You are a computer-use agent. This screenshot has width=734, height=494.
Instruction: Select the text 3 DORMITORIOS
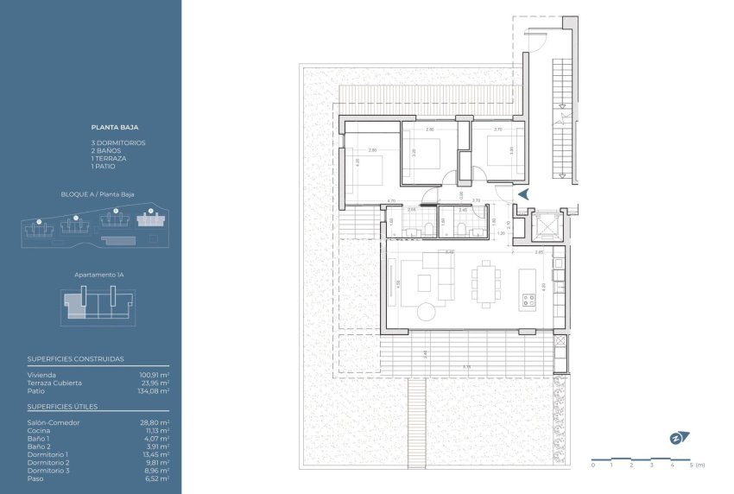click(x=118, y=142)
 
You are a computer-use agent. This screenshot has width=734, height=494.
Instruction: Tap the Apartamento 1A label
click(x=99, y=274)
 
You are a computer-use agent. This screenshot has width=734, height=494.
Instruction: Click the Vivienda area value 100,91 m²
click(x=154, y=375)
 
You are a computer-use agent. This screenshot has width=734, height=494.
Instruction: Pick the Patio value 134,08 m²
click(x=154, y=390)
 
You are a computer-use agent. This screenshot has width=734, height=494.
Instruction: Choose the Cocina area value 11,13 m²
click(x=156, y=429)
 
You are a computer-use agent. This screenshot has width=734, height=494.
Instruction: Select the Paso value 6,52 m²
click(x=156, y=478)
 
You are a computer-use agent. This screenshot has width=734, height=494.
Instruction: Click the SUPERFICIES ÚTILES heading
click(x=61, y=406)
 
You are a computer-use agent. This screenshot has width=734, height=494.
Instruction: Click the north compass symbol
click(x=676, y=438)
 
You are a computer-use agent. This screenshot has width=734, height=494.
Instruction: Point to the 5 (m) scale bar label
click(x=695, y=466)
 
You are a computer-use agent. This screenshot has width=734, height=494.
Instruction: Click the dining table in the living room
click(x=484, y=282)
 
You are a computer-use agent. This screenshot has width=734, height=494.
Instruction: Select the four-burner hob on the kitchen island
click(x=528, y=301)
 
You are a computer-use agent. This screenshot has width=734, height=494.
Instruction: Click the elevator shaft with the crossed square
click(x=546, y=226)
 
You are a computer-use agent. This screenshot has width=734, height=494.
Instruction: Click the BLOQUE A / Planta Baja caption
click(x=98, y=195)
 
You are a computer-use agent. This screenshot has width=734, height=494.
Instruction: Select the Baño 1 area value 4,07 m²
click(x=156, y=438)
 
